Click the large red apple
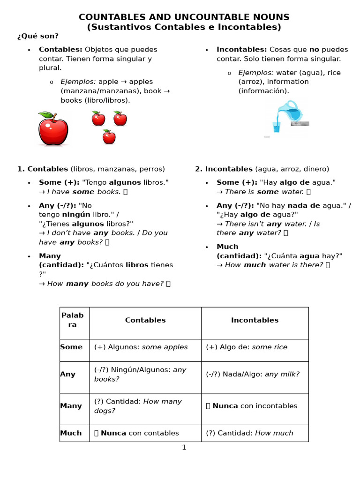(x=53, y=130)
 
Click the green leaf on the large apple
(x=45, y=115)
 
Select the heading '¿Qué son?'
(x=38, y=36)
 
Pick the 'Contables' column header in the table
(x=145, y=320)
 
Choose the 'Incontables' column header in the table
(x=255, y=320)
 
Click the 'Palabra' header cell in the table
(x=73, y=320)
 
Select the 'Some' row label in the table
(x=71, y=347)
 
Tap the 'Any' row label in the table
(x=68, y=374)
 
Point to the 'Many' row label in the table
(x=71, y=406)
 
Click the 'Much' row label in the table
(x=71, y=433)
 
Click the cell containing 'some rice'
(x=255, y=347)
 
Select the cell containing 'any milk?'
(x=255, y=374)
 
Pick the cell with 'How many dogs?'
(x=145, y=406)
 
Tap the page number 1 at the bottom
(x=184, y=448)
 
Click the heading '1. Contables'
(x=43, y=169)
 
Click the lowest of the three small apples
(x=109, y=136)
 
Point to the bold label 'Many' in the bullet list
(x=50, y=256)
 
